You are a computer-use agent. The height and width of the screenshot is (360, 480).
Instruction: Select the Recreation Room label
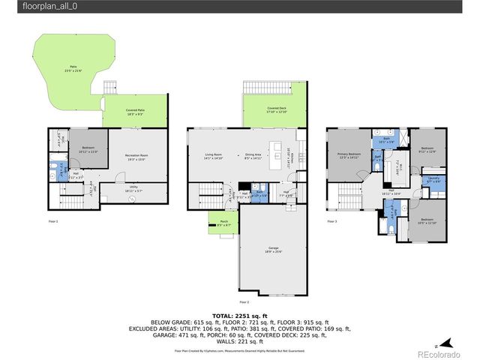(x=136, y=156)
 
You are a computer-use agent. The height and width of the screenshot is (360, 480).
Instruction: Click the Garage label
(x=274, y=248)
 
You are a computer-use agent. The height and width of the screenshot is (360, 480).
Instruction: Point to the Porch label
(x=223, y=223)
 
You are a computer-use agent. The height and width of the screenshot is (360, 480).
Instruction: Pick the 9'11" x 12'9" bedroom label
(x=427, y=149)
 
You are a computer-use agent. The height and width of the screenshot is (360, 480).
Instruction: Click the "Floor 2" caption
(x=244, y=302)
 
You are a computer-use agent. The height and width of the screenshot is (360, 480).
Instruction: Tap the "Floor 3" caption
(x=331, y=222)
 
